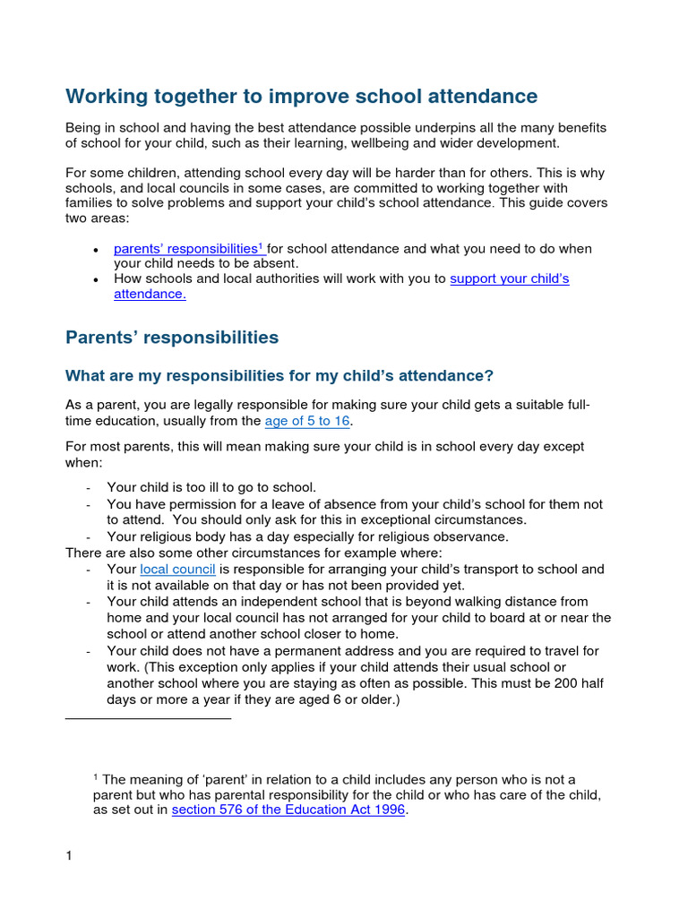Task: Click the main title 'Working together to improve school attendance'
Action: pyautogui.click(x=301, y=96)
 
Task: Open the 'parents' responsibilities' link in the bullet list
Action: pyautogui.click(x=185, y=249)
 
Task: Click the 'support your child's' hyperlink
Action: pyautogui.click(x=509, y=279)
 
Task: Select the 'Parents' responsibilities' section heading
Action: pyautogui.click(x=172, y=338)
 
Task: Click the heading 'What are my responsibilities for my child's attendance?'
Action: pyautogui.click(x=279, y=375)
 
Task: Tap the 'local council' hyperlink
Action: pyautogui.click(x=177, y=570)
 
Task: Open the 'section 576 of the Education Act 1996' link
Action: pyautogui.click(x=288, y=810)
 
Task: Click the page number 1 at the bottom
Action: pyautogui.click(x=69, y=856)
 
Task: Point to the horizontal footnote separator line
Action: pyautogui.click(x=149, y=718)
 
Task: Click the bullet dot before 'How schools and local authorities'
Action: pyautogui.click(x=96, y=280)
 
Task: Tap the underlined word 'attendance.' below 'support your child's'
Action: pyautogui.click(x=150, y=294)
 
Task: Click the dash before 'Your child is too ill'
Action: pyautogui.click(x=88, y=488)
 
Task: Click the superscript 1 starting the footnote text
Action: pyautogui.click(x=96, y=776)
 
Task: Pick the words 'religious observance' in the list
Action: pyautogui.click(x=443, y=537)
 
